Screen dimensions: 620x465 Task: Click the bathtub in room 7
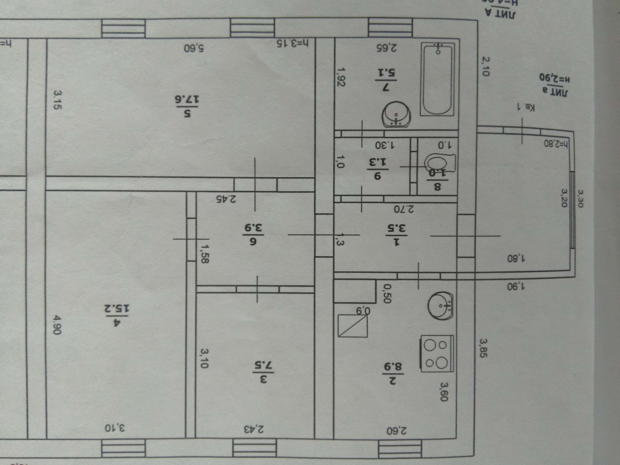point(438,79)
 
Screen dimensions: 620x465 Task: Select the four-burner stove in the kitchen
point(437,354)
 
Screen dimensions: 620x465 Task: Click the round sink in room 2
point(440,305)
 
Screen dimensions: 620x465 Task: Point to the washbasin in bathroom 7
point(396,115)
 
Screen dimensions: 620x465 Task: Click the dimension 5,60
point(194,48)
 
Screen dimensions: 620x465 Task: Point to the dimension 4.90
point(57,325)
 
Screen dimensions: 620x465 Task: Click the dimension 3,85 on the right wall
point(483,348)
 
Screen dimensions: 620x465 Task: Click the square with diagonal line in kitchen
point(353,325)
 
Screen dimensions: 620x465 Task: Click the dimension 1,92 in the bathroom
point(341,77)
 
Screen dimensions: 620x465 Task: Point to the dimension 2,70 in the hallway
point(404,209)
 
